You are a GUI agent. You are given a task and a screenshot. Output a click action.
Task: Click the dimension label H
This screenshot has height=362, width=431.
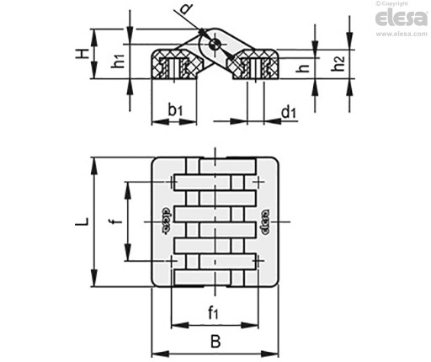pyautogui.click(x=82, y=54)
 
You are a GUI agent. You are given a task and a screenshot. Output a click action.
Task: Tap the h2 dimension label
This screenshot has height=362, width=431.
pyautogui.click(x=338, y=64)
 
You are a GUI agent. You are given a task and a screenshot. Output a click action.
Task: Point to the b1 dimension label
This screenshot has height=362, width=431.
pyautogui.click(x=175, y=110)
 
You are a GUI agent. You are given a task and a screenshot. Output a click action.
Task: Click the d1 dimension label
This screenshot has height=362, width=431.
pyautogui.click(x=289, y=113)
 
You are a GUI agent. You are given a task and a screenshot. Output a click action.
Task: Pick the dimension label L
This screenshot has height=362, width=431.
pyautogui.click(x=82, y=221)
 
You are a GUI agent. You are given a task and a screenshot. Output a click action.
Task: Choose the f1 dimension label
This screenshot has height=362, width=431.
pyautogui.click(x=213, y=312)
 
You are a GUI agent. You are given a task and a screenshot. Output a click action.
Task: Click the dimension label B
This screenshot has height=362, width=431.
pyautogui.click(x=215, y=342)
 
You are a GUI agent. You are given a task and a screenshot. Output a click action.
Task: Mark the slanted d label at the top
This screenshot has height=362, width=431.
pyautogui.click(x=185, y=8)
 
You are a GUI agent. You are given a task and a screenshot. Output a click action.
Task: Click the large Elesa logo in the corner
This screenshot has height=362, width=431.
pyautogui.click(x=401, y=19)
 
